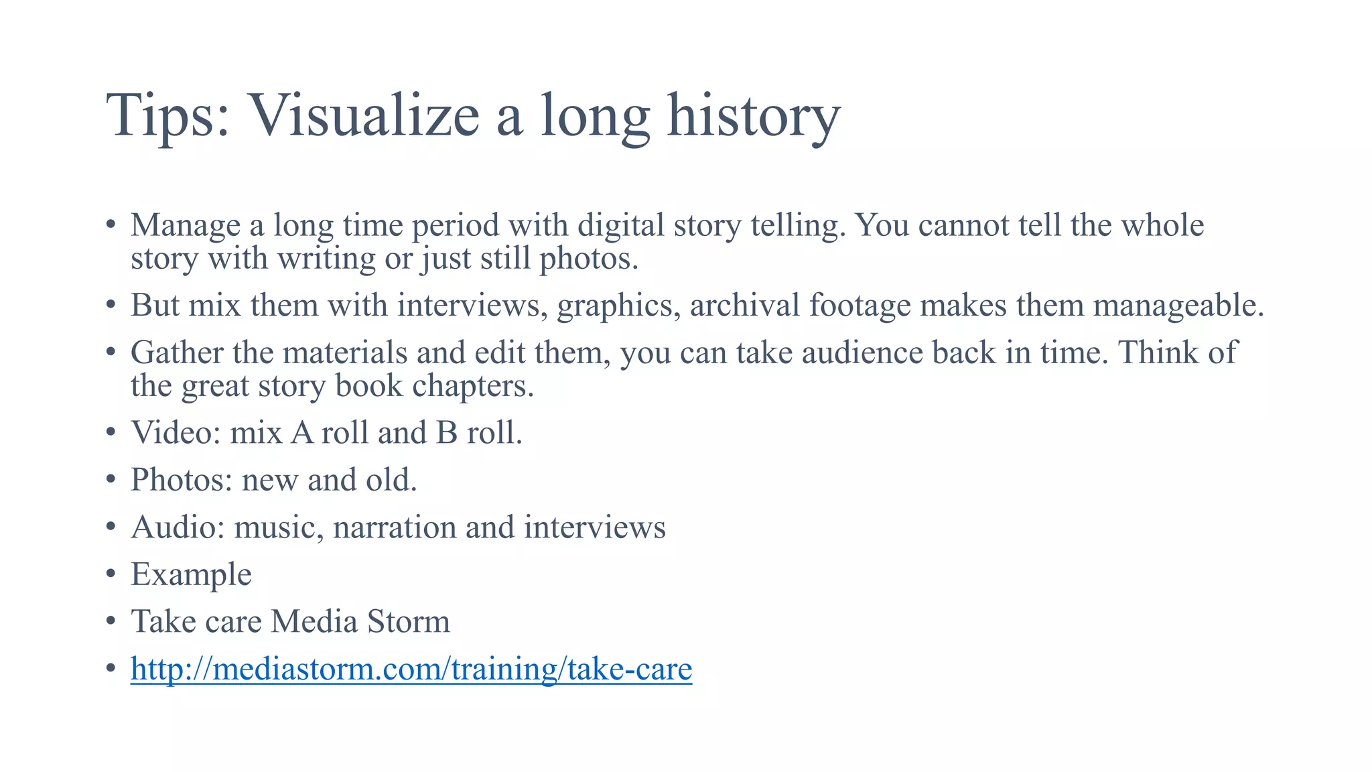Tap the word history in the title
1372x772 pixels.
[753, 115]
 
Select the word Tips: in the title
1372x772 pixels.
[168, 115]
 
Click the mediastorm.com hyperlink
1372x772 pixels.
[411, 669]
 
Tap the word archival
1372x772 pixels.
[744, 306]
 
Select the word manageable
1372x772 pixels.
[1178, 306]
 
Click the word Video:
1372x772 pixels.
[176, 433]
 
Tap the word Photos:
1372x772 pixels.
[182, 480]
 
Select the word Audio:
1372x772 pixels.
[178, 527]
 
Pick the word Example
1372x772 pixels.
[192, 575]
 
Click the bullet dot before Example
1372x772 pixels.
[111, 575]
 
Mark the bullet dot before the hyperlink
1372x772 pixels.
[111, 669]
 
